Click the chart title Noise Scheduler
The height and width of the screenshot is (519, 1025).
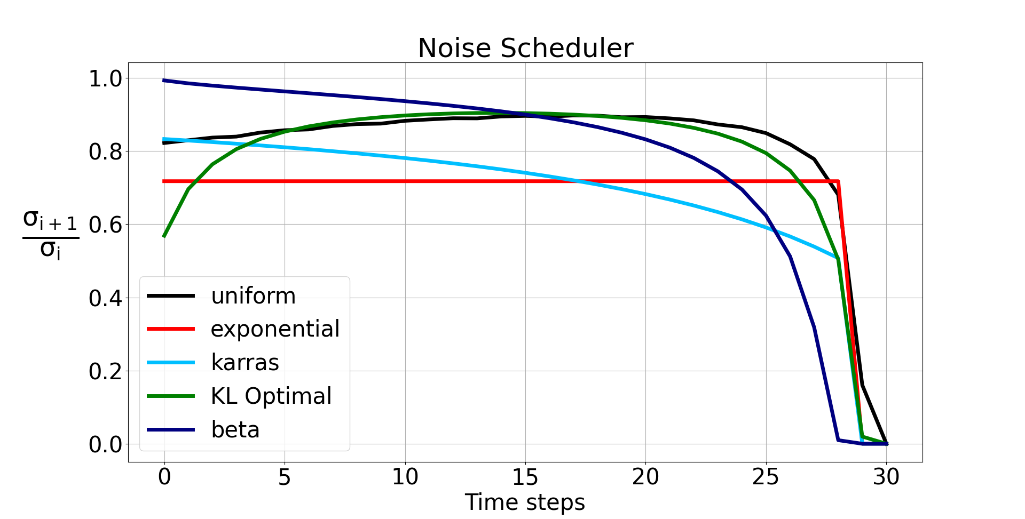pos(525,48)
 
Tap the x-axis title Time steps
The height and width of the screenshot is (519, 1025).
pos(525,502)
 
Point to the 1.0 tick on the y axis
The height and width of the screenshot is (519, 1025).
pos(105,79)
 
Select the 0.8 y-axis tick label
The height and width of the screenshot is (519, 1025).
pos(105,152)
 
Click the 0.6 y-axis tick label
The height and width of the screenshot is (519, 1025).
pos(105,225)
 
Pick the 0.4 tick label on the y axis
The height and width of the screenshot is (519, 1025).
pos(105,299)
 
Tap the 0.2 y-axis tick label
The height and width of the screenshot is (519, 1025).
pos(105,372)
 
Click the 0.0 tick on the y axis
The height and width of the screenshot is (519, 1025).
pos(105,444)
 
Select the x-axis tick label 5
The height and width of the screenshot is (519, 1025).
pos(285,477)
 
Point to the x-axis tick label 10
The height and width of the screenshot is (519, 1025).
pos(405,477)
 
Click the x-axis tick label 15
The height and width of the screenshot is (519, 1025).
pos(525,477)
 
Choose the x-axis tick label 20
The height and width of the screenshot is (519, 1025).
pos(645,477)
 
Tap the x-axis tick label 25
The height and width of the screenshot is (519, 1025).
pos(766,477)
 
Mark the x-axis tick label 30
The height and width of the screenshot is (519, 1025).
pos(886,477)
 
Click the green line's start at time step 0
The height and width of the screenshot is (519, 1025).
pos(164,236)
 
